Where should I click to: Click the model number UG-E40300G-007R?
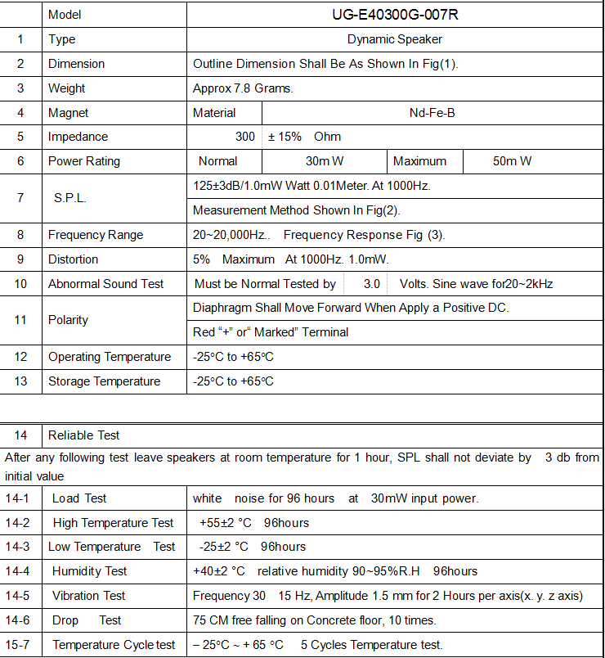click(394, 15)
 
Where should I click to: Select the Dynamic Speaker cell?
click(394, 39)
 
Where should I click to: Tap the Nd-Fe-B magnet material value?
click(432, 113)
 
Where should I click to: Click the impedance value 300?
click(245, 137)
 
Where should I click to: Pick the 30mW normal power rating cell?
click(325, 161)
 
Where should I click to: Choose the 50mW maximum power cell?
click(512, 161)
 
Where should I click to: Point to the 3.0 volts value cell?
click(372, 284)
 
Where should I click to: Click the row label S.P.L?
click(70, 198)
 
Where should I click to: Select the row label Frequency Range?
click(96, 235)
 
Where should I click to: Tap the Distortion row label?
click(73, 259)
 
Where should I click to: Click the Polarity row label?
click(68, 320)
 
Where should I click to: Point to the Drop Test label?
click(87, 620)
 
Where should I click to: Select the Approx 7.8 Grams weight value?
click(243, 88)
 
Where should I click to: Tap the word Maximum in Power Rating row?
click(419, 161)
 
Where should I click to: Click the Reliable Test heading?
click(83, 435)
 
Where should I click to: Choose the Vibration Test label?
click(88, 596)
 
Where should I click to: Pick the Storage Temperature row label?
click(104, 381)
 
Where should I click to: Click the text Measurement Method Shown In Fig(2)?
click(296, 210)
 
